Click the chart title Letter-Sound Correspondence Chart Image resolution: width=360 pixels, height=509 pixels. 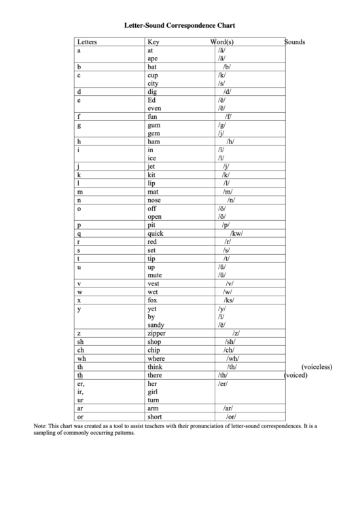tap(179, 25)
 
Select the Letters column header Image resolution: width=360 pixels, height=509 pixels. tap(88, 42)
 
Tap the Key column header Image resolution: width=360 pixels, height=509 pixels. tap(153, 42)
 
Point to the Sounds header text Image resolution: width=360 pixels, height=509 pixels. tap(294, 42)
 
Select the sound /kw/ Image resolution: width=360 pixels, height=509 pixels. tap(236, 233)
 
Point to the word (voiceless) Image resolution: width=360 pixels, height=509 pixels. tap(317, 366)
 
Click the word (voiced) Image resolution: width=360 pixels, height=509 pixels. tap(295, 375)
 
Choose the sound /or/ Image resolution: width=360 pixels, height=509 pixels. tap(230, 417)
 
